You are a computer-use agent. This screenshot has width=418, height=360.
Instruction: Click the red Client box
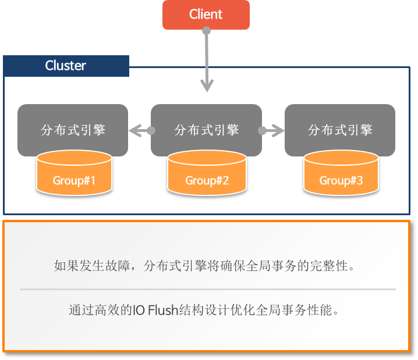(x=206, y=15)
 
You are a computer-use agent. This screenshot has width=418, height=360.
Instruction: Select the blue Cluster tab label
(x=66, y=66)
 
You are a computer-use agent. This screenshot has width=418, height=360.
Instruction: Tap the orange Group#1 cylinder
(x=74, y=174)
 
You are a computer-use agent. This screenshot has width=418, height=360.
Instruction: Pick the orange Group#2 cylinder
(x=207, y=174)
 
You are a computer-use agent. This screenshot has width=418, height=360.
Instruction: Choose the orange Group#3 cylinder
(x=341, y=174)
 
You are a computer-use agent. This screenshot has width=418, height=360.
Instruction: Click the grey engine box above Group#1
(x=73, y=129)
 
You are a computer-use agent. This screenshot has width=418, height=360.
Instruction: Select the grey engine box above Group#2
(x=206, y=129)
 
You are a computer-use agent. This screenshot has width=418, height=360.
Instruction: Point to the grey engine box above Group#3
(x=340, y=129)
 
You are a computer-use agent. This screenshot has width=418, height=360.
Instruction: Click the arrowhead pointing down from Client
(x=207, y=86)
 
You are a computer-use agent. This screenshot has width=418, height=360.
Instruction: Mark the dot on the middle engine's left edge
(x=151, y=130)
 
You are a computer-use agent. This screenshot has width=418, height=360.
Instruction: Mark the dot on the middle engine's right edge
(x=262, y=130)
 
